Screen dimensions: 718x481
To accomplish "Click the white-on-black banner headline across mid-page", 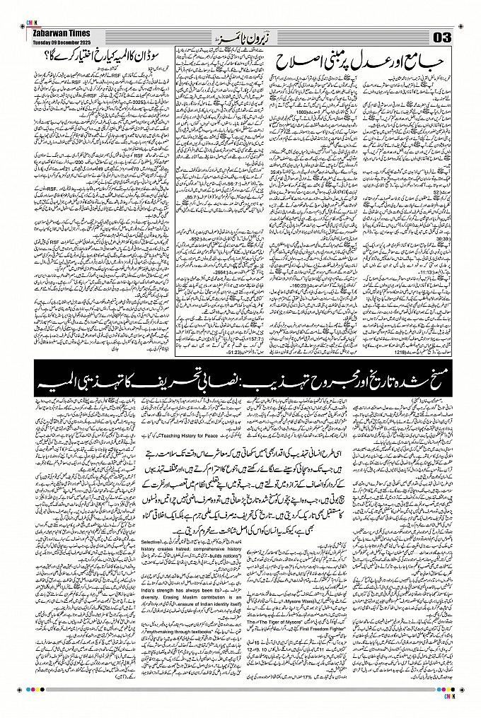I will point(240,385).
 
